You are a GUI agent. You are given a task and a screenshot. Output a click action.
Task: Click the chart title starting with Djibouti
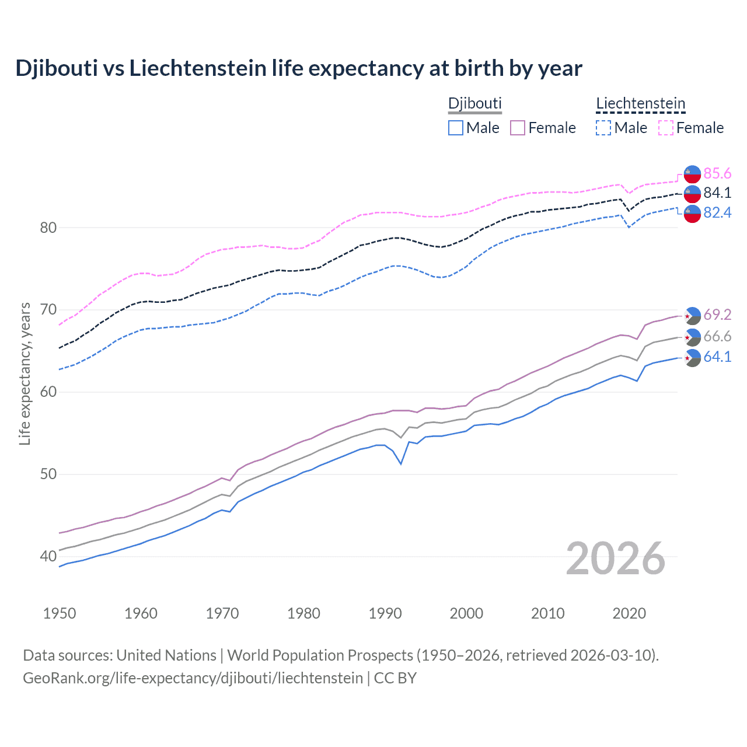point(298,68)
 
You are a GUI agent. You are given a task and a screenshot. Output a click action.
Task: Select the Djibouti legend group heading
point(474,103)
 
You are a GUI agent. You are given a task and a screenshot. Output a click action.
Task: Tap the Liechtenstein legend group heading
point(640,103)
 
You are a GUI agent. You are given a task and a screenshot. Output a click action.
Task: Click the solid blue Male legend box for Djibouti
point(456,128)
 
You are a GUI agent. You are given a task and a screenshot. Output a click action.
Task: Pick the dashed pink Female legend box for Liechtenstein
point(666,128)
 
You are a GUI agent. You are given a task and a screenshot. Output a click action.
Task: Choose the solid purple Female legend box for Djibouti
point(518,128)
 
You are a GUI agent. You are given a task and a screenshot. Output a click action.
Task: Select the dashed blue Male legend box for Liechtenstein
point(603,128)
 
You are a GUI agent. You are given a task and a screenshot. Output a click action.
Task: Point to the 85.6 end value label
point(717,173)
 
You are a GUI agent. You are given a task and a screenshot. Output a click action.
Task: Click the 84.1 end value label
point(717,193)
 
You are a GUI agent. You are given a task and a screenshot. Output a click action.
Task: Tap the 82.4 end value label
point(717,213)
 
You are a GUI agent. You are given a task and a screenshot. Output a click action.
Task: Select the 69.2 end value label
point(717,315)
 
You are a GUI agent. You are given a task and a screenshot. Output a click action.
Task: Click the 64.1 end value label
point(717,357)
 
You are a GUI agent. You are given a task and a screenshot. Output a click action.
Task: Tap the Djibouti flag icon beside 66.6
point(692,337)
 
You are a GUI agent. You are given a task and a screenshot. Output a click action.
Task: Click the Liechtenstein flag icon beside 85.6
point(692,174)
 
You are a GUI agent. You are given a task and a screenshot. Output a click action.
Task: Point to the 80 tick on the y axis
point(48,228)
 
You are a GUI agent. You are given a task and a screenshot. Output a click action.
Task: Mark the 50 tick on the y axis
point(48,474)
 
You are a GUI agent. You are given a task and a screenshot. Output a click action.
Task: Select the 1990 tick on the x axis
point(385,613)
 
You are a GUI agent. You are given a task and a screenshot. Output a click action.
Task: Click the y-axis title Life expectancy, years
point(25,373)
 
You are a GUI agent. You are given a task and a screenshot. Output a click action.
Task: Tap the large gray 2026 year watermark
point(615,558)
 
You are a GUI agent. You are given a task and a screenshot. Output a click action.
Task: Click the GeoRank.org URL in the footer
point(193,678)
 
